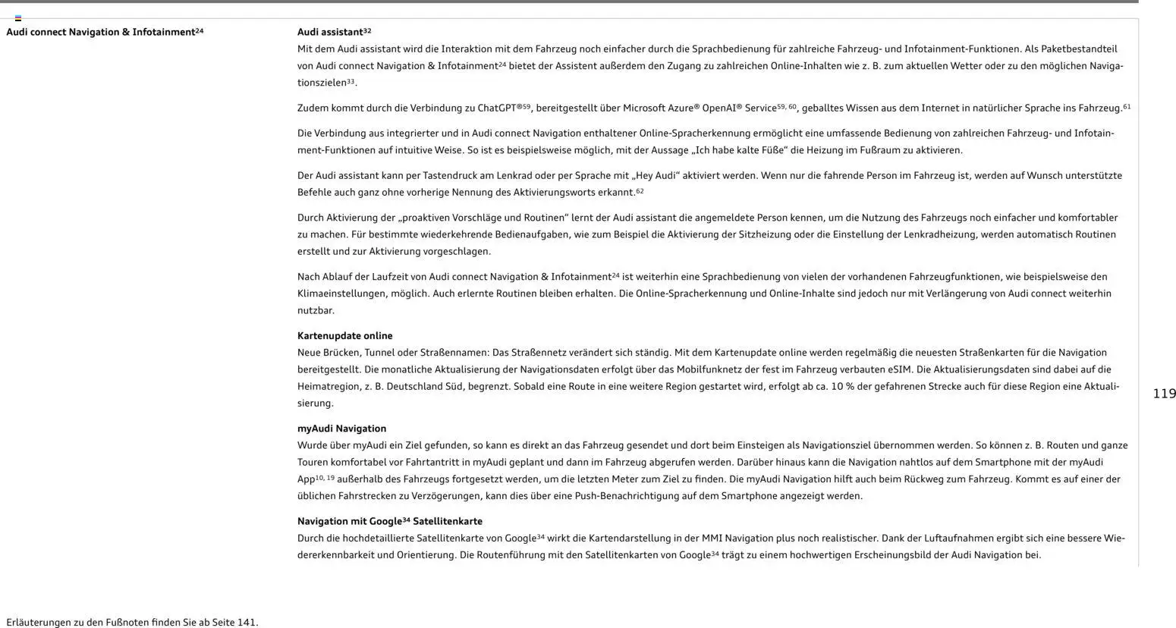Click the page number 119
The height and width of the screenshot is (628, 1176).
coord(1164,394)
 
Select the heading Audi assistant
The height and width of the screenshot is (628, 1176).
coord(330,32)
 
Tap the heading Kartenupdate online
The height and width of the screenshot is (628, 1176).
coord(344,336)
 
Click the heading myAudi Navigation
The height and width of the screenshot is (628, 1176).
coord(341,429)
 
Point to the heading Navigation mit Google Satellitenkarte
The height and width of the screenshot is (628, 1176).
coord(389,522)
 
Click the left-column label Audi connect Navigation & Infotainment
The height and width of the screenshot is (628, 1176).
coord(101,33)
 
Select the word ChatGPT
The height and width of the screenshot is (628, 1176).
coord(500,108)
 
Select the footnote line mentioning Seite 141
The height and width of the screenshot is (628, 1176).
coord(132,623)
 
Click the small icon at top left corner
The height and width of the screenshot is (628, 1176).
coord(18,17)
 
